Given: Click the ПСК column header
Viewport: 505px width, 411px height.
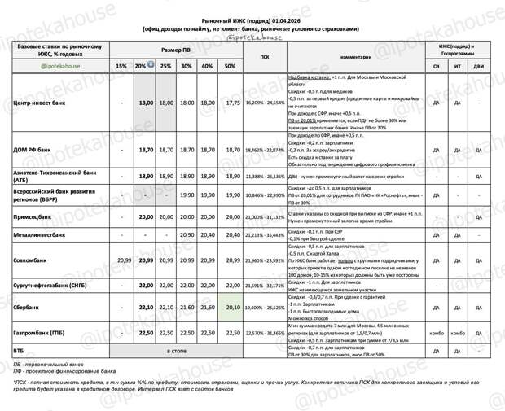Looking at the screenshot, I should point(265,57).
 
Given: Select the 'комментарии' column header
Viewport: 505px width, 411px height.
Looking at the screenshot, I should point(355,57).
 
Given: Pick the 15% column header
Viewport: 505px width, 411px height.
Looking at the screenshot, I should point(121,66).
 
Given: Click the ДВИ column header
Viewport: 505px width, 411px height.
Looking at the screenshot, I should point(478,66).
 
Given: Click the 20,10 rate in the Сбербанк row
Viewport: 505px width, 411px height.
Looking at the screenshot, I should point(234,307).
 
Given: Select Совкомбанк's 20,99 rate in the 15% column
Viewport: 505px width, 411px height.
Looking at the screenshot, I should point(124,260).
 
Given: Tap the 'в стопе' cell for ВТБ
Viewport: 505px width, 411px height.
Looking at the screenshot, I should point(176,349).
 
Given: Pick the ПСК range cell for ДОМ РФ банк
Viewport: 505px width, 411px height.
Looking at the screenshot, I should point(265,151).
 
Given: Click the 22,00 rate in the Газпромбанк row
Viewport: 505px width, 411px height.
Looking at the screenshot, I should point(187,332).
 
